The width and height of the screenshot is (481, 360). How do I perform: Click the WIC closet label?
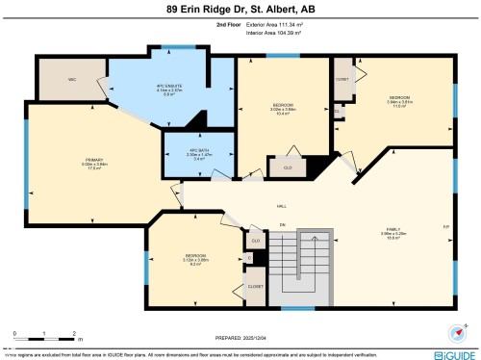[x=72, y=79]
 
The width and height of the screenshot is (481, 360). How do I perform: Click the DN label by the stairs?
[x=283, y=226]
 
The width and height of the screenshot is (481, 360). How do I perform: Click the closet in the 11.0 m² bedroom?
[x=342, y=80]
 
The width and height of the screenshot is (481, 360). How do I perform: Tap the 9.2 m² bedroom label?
[x=196, y=258]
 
